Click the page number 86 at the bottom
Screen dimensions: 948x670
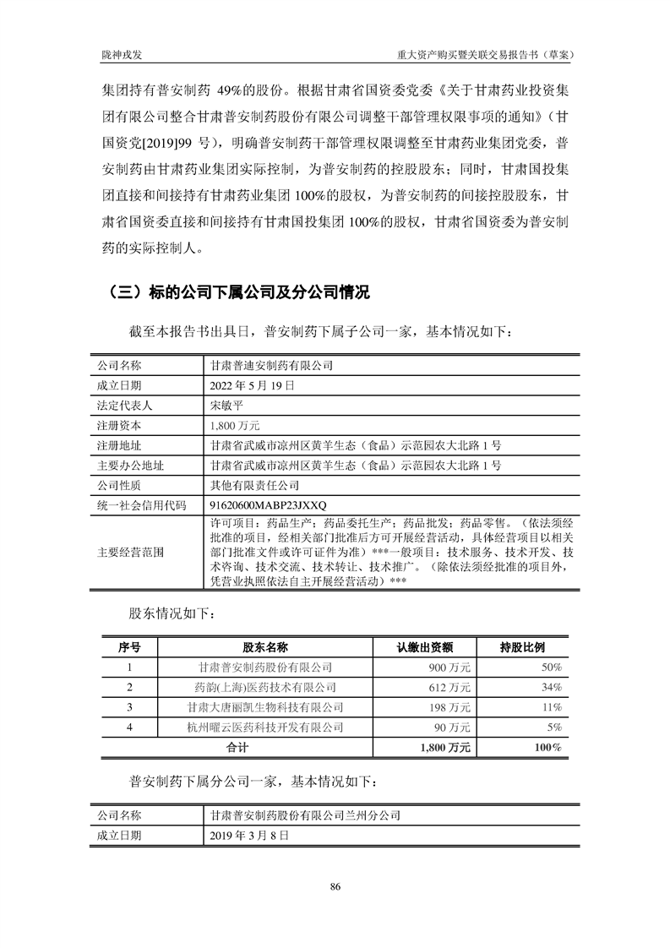(335, 886)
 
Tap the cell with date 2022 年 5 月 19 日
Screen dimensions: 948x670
(252, 385)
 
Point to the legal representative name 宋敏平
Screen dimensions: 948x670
(228, 406)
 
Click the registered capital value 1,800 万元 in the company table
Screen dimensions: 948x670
(236, 425)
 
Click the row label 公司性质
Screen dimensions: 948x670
(119, 486)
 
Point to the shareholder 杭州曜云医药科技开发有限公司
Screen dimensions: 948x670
(265, 726)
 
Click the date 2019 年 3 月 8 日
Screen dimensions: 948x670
(249, 835)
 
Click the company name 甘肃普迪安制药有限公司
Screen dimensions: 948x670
(271, 366)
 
